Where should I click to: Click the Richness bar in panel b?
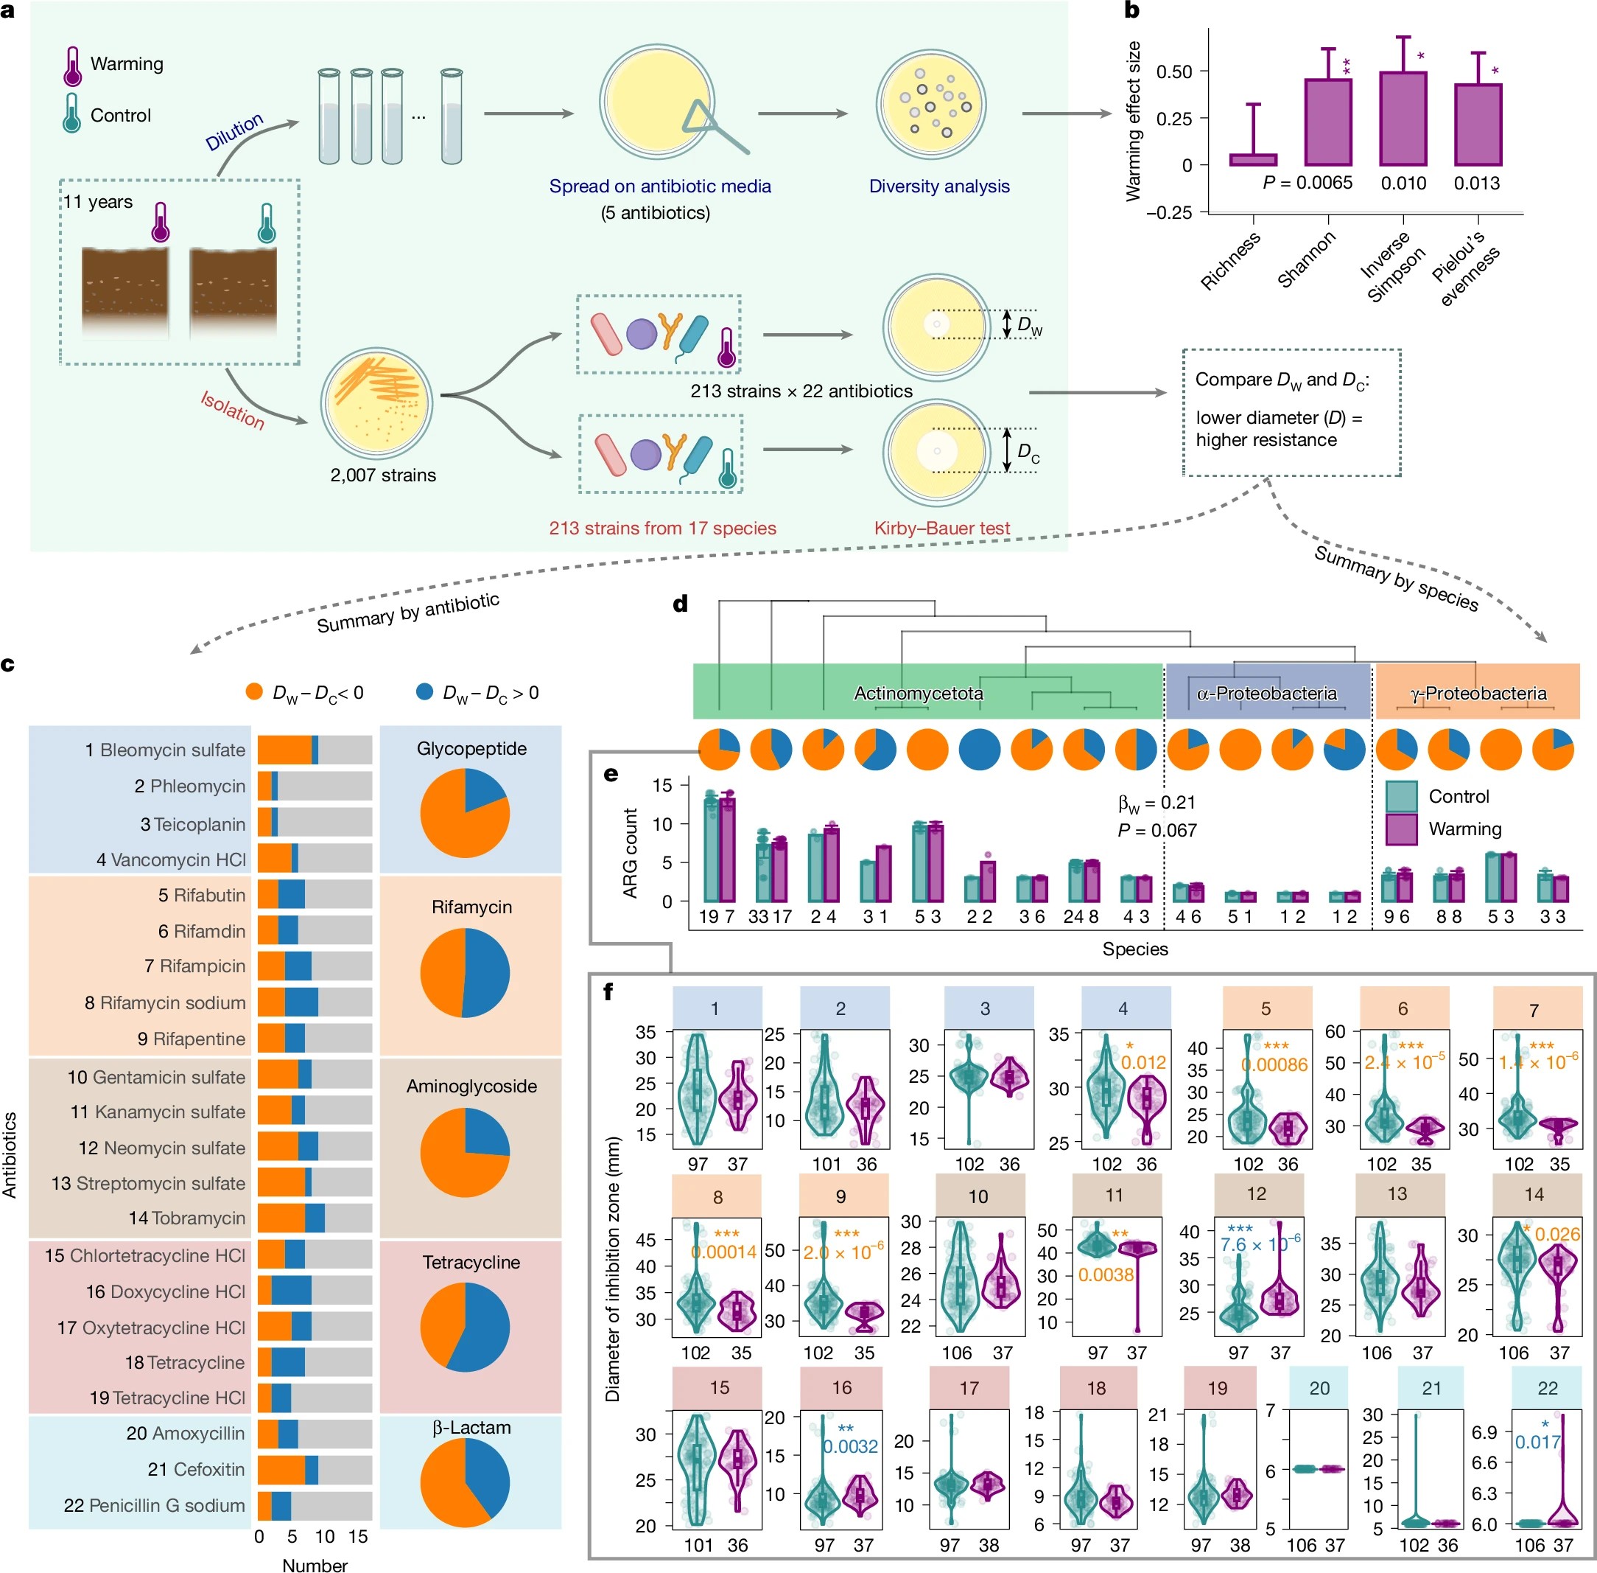point(1253,159)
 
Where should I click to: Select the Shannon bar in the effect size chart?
point(1328,122)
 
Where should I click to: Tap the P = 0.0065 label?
point(1308,183)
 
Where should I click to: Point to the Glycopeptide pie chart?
point(465,813)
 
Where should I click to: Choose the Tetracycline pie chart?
point(465,1328)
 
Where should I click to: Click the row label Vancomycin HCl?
point(171,860)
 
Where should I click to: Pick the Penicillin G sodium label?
point(155,1505)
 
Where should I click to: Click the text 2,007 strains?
point(383,475)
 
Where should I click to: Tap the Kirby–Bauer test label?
point(942,528)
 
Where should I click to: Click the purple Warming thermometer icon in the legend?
point(73,66)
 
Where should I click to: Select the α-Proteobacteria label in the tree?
point(1267,693)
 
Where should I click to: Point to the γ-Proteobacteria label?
point(1478,693)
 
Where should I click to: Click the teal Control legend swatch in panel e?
point(1401,796)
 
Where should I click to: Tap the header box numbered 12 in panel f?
point(1256,1194)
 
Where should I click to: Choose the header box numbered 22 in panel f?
point(1548,1388)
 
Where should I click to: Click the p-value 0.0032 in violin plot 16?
point(851,1445)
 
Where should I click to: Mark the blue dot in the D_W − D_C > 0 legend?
point(424,691)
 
